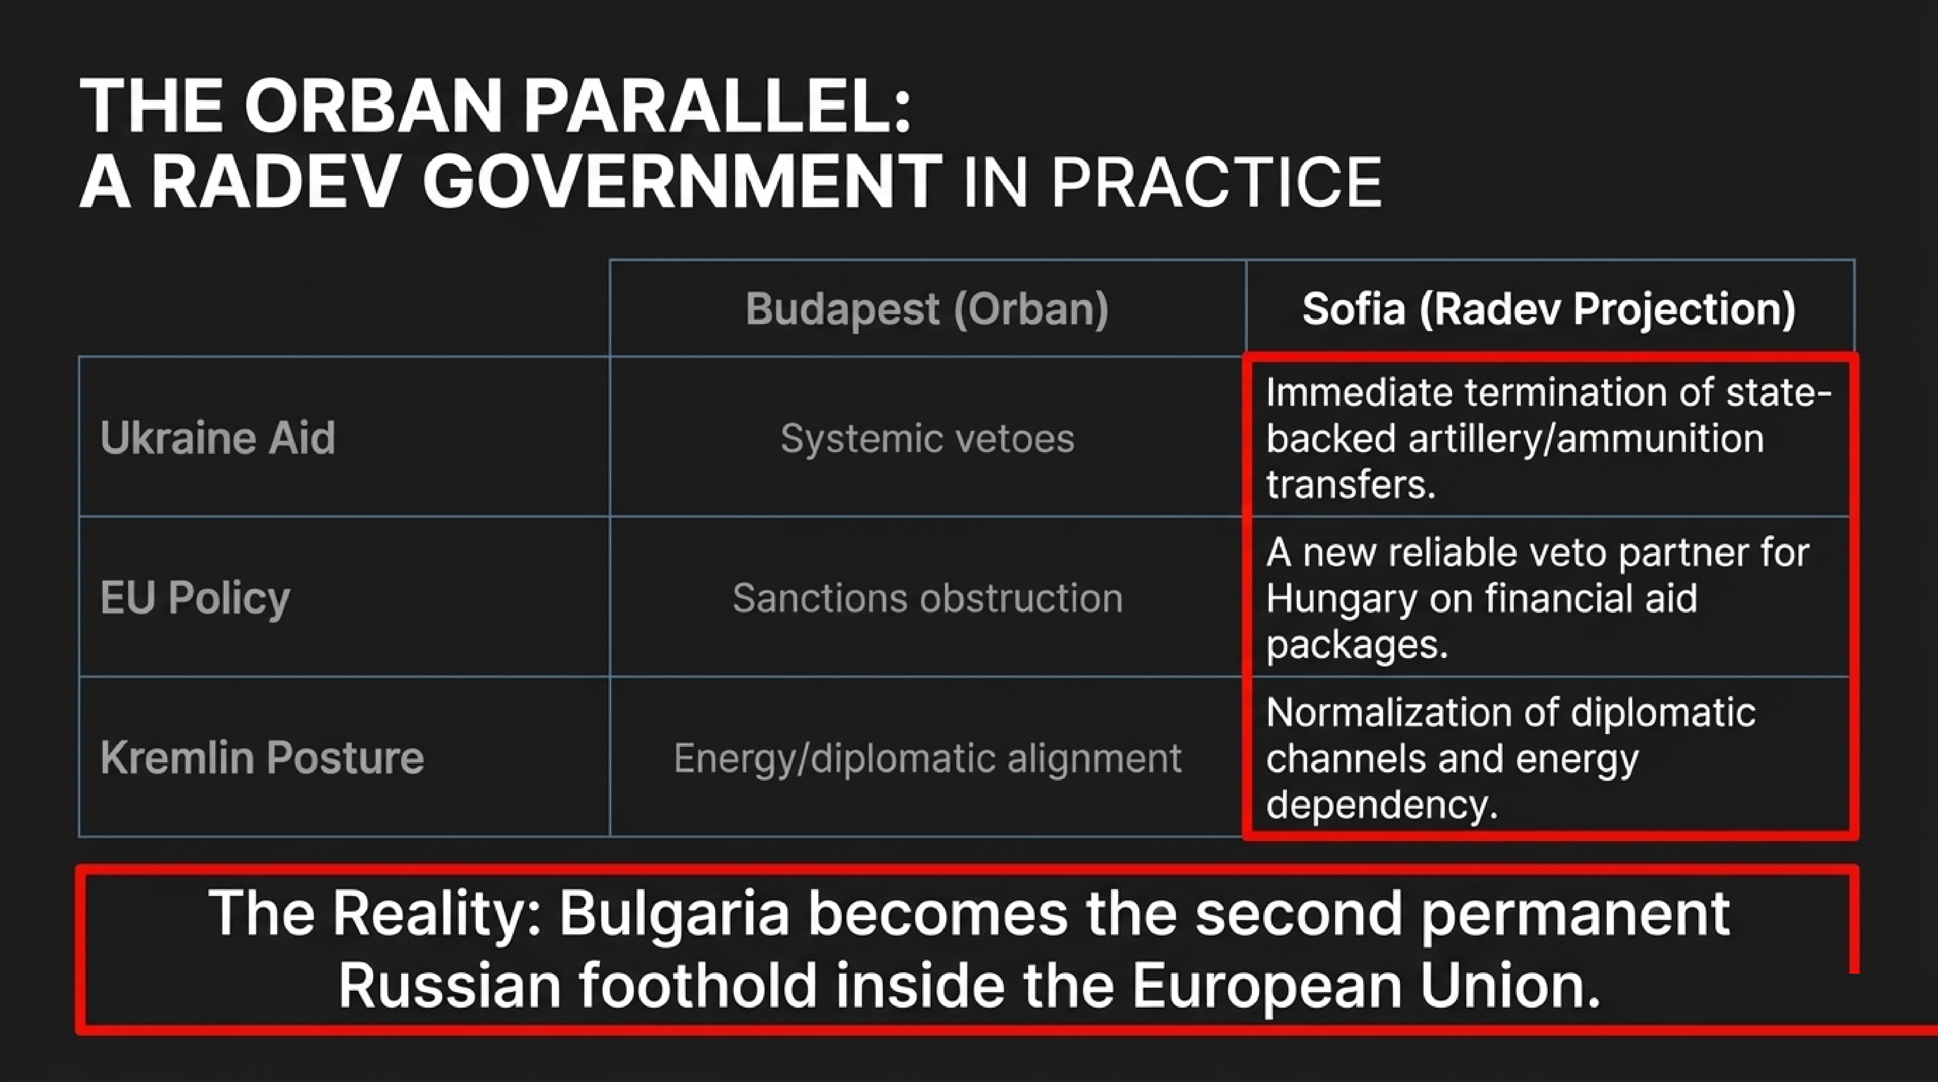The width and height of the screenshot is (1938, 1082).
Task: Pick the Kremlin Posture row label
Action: click(x=262, y=758)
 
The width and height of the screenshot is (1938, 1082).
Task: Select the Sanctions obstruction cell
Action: click(x=927, y=598)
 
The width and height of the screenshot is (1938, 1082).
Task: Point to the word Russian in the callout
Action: click(x=449, y=986)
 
